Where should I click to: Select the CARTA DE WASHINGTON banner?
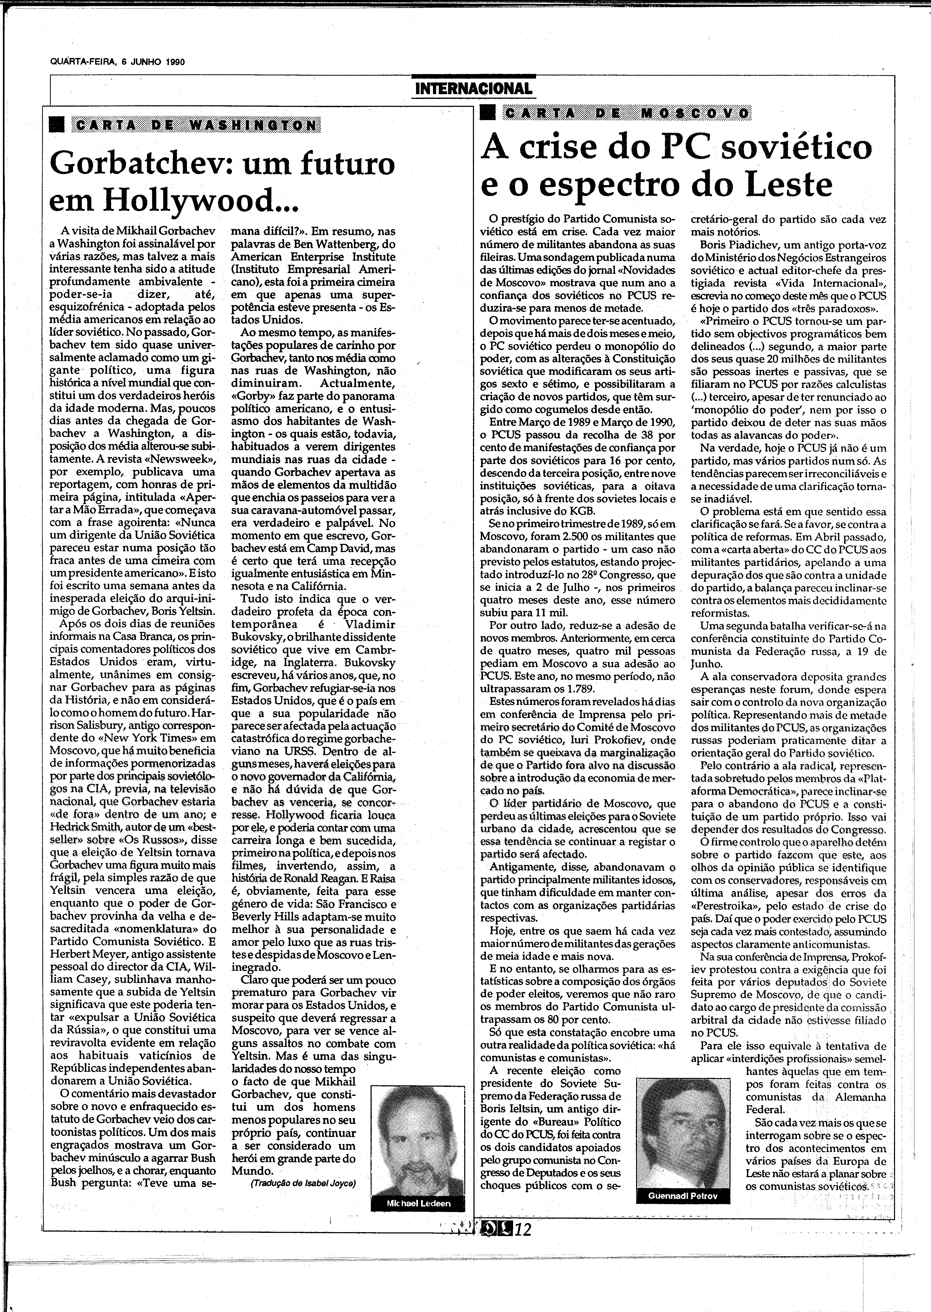coord(195,126)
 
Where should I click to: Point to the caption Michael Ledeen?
coord(418,1204)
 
